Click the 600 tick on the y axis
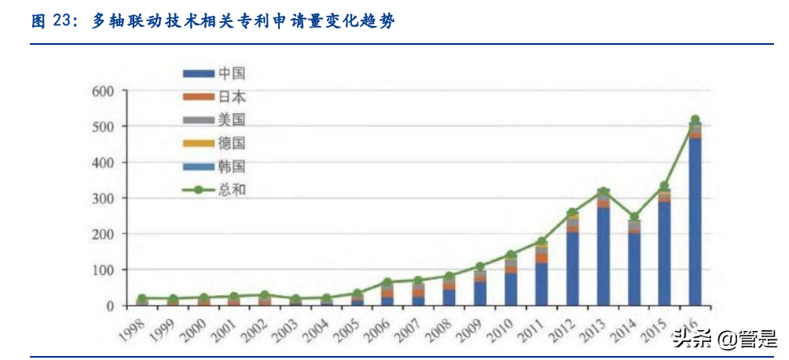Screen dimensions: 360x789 pos(104,91)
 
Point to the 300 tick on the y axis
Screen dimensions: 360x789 pos(104,198)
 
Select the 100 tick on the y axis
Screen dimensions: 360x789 pos(104,270)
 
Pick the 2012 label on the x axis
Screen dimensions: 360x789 pos(563,325)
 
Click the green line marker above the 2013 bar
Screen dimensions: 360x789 pos(604,192)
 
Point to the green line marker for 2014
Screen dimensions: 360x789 pos(634,217)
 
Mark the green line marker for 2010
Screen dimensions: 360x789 pos(512,255)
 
